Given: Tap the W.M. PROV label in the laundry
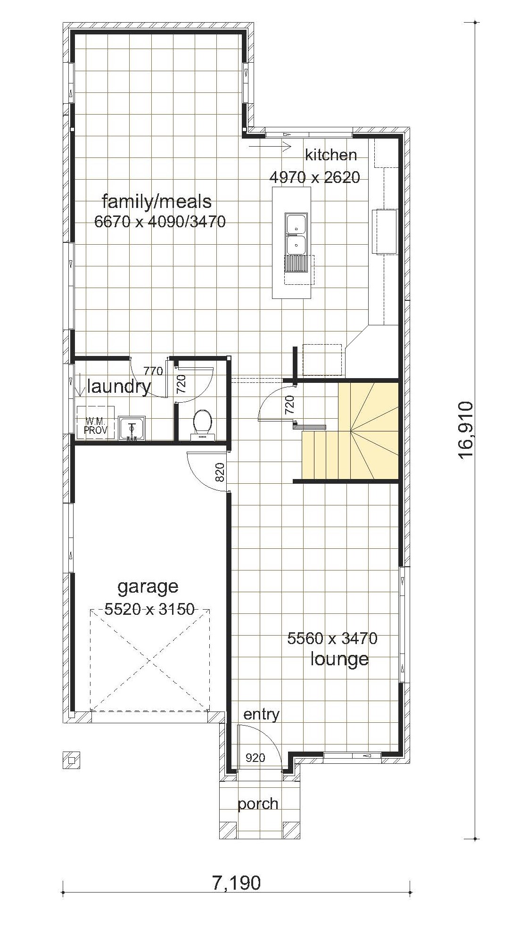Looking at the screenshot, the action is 96,426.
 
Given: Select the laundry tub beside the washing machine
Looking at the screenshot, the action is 132,429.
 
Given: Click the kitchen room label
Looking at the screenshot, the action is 330,155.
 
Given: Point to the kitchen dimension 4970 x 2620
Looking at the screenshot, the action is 314,177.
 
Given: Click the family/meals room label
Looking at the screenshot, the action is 157,202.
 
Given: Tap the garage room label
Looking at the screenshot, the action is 148,587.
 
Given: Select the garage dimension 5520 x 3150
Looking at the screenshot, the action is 149,610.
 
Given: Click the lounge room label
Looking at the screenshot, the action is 339,659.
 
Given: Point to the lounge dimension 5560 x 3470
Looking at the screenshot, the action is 332,638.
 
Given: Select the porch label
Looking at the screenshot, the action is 258,804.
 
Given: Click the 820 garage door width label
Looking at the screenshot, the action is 220,472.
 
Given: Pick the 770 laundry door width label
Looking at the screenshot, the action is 153,371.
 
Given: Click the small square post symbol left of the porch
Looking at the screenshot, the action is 71,760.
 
